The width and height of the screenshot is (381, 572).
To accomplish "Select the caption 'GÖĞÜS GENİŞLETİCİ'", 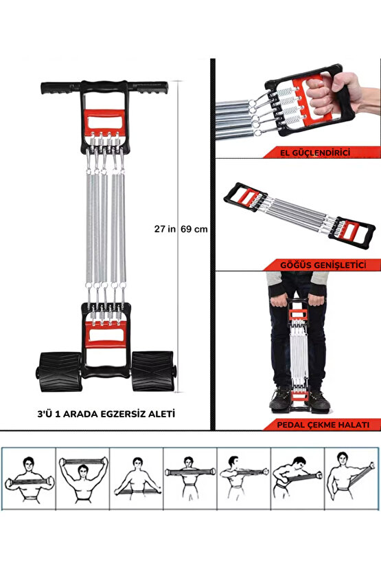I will point(336,265).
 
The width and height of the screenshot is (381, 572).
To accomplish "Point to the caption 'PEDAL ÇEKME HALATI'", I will point(336,425).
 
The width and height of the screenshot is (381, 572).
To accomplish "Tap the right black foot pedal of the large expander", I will point(152,370).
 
